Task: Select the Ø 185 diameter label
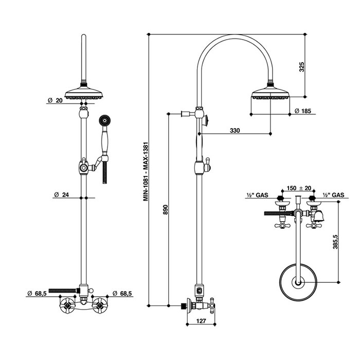pos(302,111)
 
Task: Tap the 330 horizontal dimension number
pos(235,131)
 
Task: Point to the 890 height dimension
pos(166,210)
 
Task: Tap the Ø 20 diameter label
pos(55,101)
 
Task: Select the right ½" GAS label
pos(334,195)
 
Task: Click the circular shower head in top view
pos(297,281)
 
